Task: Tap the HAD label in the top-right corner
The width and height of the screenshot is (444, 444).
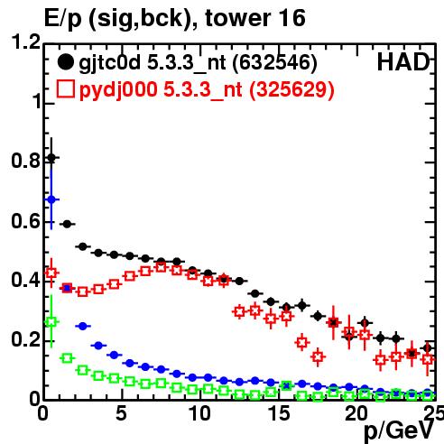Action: [403, 62]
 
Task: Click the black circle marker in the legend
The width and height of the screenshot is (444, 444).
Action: [65, 62]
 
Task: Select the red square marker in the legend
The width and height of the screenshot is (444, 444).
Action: [65, 88]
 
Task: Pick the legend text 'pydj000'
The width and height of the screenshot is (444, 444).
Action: [118, 90]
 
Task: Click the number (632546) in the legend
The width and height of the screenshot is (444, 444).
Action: [274, 63]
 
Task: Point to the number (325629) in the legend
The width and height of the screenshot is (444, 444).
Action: [291, 89]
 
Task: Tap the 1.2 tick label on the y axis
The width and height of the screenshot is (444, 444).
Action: [26, 42]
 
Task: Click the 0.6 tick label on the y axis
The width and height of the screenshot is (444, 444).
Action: [26, 221]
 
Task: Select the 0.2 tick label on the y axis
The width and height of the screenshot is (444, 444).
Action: [26, 340]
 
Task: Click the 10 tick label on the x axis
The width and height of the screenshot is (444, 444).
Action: [200, 413]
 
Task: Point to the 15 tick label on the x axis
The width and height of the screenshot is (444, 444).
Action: [279, 413]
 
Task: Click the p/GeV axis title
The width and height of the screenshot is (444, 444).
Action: [399, 431]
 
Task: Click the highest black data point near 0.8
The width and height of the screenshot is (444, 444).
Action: [51, 158]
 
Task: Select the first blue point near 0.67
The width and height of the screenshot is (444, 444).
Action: [51, 199]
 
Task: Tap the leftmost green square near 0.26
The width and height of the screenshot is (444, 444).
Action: [51, 321]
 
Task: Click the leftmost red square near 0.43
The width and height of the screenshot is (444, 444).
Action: [51, 273]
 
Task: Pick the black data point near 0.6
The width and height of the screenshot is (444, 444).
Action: [67, 224]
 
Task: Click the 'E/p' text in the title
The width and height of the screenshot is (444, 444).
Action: [63, 19]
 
